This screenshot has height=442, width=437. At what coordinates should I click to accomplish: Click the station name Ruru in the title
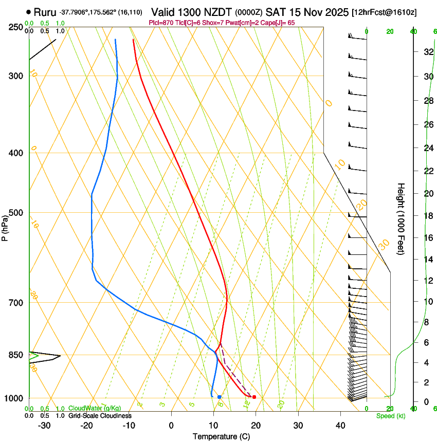(45, 12)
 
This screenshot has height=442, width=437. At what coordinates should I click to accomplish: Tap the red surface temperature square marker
(254, 397)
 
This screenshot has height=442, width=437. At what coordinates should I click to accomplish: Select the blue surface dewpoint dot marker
(220, 397)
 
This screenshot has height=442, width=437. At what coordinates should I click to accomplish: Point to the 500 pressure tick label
(16, 213)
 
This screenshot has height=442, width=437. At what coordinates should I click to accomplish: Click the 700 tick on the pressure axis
(16, 303)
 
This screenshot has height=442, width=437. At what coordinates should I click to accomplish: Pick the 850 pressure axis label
(16, 355)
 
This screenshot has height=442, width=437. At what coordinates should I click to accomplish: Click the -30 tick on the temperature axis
(44, 426)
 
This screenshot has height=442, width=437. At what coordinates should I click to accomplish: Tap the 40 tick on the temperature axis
(340, 426)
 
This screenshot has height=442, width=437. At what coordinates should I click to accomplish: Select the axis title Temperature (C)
(221, 436)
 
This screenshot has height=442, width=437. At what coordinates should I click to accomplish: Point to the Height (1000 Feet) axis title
(402, 218)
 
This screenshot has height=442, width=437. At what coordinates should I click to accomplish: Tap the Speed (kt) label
(390, 416)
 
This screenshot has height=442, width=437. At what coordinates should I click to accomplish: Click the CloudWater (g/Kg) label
(95, 409)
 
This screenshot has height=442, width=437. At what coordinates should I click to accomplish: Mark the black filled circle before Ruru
(28, 12)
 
